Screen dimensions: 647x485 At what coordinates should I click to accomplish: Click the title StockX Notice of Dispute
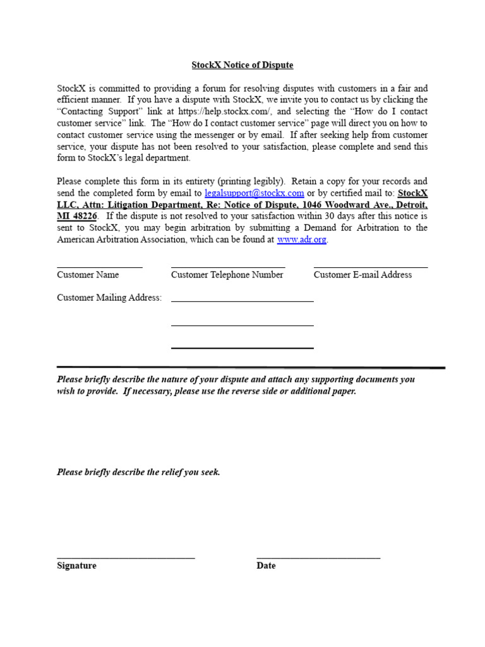[242, 65]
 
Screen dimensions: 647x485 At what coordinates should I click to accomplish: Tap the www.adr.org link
[302, 240]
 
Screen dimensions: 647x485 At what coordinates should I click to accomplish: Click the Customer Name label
[88, 275]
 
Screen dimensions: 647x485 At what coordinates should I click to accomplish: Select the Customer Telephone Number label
[227, 275]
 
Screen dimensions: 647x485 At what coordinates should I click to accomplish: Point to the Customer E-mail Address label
[362, 275]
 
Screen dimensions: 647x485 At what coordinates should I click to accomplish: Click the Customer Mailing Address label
[109, 298]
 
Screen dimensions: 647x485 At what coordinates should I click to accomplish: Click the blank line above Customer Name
[99, 267]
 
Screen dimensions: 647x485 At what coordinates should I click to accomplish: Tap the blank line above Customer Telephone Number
[228, 267]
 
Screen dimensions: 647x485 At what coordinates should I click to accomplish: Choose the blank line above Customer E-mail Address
[371, 267]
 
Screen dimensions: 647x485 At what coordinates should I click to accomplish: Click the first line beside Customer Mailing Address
[242, 302]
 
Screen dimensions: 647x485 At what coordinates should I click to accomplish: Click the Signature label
[76, 566]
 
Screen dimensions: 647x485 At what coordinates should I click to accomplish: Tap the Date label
[266, 566]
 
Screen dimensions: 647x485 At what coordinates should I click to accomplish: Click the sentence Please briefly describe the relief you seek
[138, 473]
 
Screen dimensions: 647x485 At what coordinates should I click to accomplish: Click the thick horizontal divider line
[251, 367]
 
